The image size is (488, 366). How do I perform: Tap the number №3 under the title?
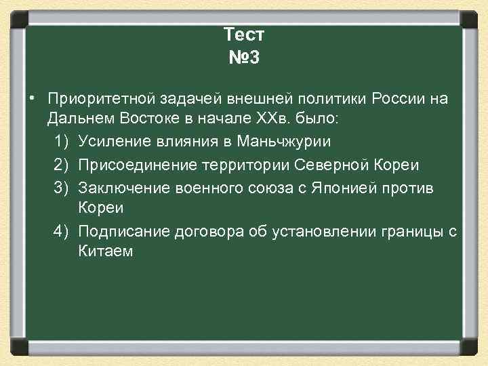point(244,58)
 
